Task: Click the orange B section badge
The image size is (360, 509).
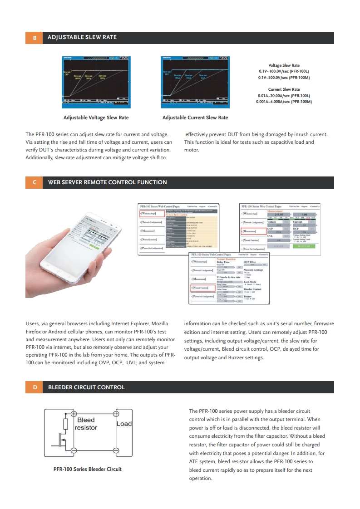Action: pyautogui.click(x=35, y=37)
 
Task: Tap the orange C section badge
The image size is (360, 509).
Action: pyautogui.click(x=35, y=182)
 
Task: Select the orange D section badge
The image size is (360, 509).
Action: pyautogui.click(x=35, y=387)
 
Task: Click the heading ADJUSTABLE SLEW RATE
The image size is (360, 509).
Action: pyautogui.click(x=82, y=37)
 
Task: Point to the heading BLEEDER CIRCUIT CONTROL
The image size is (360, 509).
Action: pyautogui.click(x=86, y=387)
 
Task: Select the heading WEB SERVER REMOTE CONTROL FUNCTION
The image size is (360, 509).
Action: pyautogui.click(x=108, y=182)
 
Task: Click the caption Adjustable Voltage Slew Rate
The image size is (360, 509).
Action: pyautogui.click(x=96, y=117)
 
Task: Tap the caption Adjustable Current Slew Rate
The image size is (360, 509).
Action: pyautogui.click(x=195, y=117)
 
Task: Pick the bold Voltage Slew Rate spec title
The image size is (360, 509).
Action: pyautogui.click(x=284, y=65)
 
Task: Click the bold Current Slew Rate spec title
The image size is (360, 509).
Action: pyautogui.click(x=284, y=89)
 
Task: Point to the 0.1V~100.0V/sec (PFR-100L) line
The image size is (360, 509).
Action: pyautogui.click(x=284, y=72)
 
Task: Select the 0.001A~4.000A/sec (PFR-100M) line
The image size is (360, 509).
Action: pyautogui.click(x=284, y=102)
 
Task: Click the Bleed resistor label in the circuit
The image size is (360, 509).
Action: pyautogui.click(x=86, y=424)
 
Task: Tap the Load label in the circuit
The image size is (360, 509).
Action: pyautogui.click(x=124, y=424)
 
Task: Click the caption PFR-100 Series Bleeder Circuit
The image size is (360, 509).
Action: pyautogui.click(x=88, y=469)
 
